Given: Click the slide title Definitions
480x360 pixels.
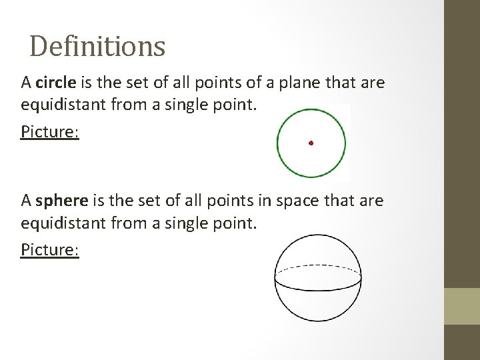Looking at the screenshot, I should tap(97, 46).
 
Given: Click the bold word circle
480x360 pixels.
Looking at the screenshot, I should tap(57, 83).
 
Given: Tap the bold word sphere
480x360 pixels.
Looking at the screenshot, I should tap(61, 201).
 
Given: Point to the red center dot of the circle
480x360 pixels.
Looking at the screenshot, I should tap(311, 143).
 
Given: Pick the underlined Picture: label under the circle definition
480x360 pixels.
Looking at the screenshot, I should tap(50, 131).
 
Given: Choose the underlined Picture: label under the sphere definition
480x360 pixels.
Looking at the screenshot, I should tap(50, 249).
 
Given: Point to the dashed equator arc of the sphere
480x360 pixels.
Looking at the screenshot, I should tap(318, 267).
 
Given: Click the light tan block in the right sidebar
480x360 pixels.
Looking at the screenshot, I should tap(462, 306).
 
